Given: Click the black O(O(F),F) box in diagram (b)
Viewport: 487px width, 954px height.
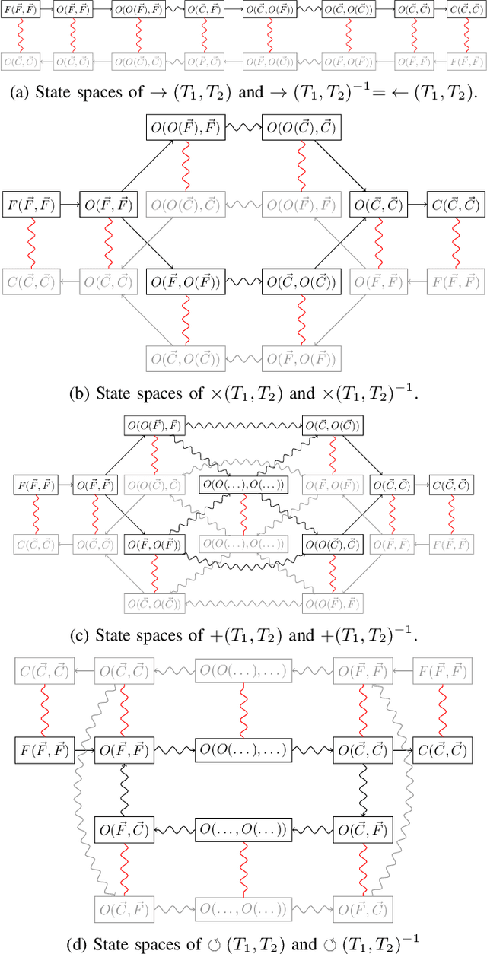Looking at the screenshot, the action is [183, 129].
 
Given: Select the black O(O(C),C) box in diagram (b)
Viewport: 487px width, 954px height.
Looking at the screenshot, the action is [302, 129].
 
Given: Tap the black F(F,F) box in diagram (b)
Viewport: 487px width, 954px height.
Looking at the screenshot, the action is [30, 205].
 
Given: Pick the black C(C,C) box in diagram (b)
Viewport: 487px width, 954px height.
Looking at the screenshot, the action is [455, 205].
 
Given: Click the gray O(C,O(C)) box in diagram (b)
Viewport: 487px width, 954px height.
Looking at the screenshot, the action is [183, 357].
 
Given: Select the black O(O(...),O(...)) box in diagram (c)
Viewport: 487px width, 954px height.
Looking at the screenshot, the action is [243, 485].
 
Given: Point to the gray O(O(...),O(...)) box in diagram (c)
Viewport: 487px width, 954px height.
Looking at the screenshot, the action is [243, 544].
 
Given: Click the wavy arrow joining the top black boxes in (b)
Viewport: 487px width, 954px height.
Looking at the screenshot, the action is [242, 129].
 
